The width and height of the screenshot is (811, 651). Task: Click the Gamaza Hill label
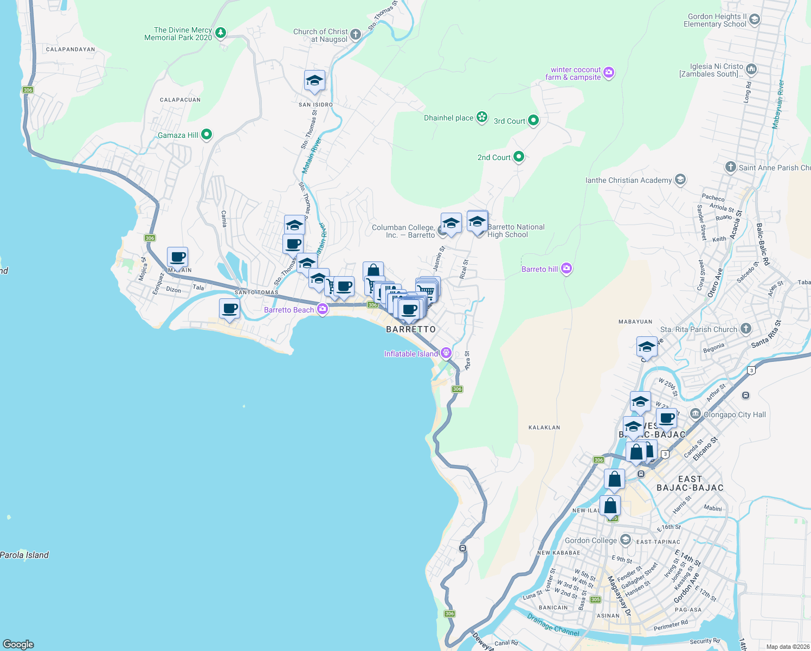178,135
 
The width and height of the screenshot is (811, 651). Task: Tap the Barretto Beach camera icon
323,309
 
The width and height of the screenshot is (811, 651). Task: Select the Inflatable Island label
411,354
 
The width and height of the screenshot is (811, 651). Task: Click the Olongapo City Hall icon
696,414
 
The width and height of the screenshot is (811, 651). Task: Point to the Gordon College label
590,540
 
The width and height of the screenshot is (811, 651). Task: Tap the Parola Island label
24,555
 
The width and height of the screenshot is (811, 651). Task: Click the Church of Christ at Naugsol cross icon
356,35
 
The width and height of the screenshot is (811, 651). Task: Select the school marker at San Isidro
314,81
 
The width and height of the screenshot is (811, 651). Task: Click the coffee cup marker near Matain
177,257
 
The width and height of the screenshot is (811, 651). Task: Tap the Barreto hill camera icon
567,269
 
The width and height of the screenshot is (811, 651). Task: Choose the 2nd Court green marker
519,157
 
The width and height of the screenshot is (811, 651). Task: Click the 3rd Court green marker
533,120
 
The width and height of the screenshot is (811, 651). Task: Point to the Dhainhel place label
448,118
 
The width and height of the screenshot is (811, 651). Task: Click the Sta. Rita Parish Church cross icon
746,329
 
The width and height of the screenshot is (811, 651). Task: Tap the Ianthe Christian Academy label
628,180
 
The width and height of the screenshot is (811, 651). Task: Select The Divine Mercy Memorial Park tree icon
220,33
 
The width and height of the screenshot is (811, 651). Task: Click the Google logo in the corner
18,644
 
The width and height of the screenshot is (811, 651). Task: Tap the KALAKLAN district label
544,427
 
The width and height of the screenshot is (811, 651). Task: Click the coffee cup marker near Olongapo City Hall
667,418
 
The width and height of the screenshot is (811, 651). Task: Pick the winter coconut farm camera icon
609,73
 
